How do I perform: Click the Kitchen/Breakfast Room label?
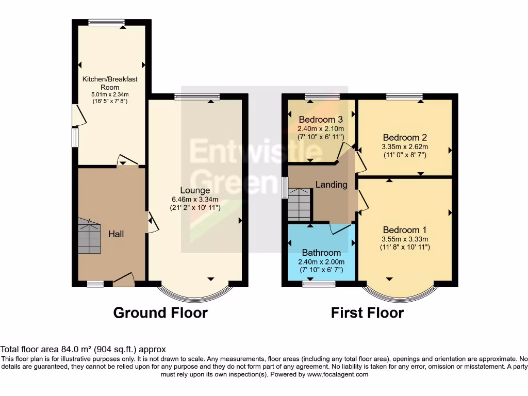click(110, 83)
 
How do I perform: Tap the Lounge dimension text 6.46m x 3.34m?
click(195, 200)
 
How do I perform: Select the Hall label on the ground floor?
click(116, 234)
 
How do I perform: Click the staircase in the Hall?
click(89, 236)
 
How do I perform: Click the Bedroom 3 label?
click(320, 119)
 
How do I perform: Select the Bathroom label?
click(321, 253)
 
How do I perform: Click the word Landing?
click(331, 185)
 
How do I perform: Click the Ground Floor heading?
click(160, 313)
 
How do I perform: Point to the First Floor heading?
click(367, 313)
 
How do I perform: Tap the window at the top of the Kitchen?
click(106, 22)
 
